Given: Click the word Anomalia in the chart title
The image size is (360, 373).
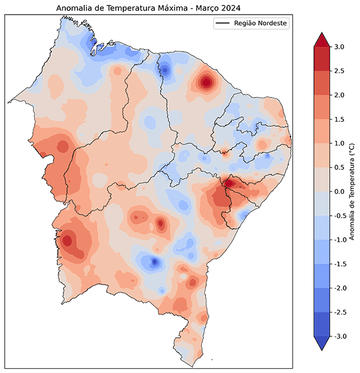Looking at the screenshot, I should pos(74,8).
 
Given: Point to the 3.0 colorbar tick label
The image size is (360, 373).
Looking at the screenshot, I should pos(340,47).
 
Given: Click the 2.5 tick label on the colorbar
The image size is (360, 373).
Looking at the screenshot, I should pos(340,71).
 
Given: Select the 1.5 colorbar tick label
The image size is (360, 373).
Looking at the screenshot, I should pos(340,119).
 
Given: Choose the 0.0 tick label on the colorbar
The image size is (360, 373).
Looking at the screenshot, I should pos(340,191).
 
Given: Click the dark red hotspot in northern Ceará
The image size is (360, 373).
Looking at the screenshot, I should pos(206,82).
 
